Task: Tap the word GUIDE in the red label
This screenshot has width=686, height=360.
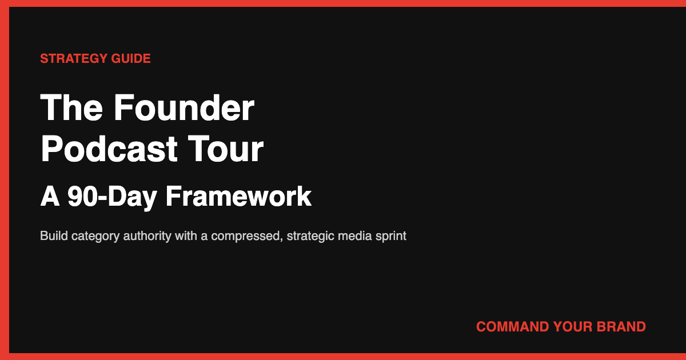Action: (133, 58)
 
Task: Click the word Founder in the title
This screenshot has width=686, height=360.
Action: (184, 107)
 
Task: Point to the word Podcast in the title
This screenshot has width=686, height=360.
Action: (109, 149)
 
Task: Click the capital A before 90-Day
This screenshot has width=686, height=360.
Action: (50, 197)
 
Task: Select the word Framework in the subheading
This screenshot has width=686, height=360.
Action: (238, 197)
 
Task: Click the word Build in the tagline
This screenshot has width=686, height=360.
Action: (54, 236)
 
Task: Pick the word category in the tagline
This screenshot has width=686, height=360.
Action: (93, 236)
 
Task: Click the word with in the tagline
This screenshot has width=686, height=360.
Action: (185, 236)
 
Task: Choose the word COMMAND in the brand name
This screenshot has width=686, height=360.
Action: (512, 327)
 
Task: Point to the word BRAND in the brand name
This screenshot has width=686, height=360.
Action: (621, 327)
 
